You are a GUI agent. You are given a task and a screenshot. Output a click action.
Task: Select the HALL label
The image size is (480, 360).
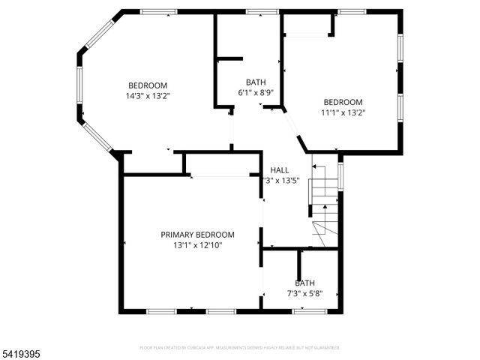click(279, 170)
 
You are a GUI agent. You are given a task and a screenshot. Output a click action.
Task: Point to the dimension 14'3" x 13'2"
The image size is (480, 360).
click(147, 95)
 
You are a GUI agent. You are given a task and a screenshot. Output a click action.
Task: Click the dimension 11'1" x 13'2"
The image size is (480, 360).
click(343, 112)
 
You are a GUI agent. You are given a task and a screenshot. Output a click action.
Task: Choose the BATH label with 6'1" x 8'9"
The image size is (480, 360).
click(255, 82)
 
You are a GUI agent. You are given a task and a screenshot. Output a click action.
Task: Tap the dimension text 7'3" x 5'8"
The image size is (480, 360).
click(304, 293)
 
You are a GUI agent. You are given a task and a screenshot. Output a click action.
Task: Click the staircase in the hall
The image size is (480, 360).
click(324, 206)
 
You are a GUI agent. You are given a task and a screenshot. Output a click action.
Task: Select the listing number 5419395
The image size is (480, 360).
click(23, 351)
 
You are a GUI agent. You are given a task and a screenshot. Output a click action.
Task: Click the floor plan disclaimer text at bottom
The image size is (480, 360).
click(240, 348)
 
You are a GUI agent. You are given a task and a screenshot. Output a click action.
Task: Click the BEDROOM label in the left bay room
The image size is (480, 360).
click(147, 85)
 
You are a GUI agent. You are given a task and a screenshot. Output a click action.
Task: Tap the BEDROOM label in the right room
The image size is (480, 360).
click(343, 102)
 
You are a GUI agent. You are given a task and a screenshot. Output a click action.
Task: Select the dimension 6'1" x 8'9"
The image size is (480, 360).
click(255, 92)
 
